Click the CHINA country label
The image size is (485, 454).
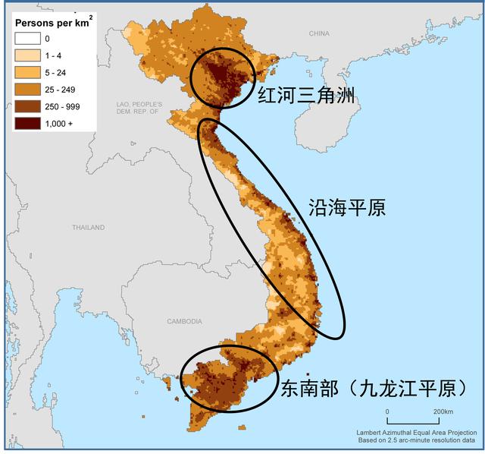320,34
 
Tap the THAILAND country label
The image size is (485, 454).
89,227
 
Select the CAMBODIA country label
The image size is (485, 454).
184,321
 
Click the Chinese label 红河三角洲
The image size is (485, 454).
307,96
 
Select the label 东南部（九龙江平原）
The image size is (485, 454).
373,389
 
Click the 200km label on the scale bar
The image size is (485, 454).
443,411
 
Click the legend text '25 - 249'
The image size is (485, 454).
60,90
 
